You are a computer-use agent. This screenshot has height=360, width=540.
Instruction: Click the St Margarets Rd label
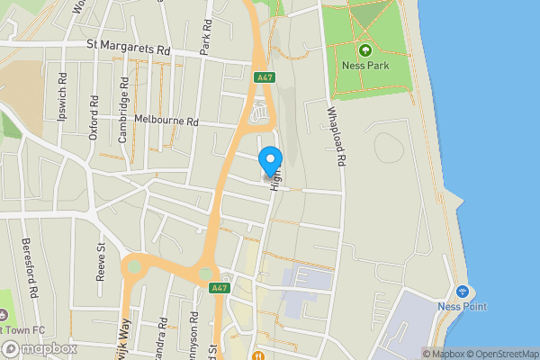pyautogui.click(x=128, y=44)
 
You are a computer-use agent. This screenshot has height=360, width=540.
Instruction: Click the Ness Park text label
pyautogui.click(x=365, y=66)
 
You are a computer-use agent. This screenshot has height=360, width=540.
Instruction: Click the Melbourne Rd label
pyautogui.click(x=165, y=121)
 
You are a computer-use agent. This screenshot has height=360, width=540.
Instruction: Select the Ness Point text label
pyautogui.click(x=463, y=307)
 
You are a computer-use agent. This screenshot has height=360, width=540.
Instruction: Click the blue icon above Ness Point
pyautogui.click(x=463, y=292)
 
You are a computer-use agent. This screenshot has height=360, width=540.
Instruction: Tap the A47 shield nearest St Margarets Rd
pyautogui.click(x=263, y=78)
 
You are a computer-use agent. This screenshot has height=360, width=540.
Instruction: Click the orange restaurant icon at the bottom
pyautogui.click(x=257, y=354)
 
